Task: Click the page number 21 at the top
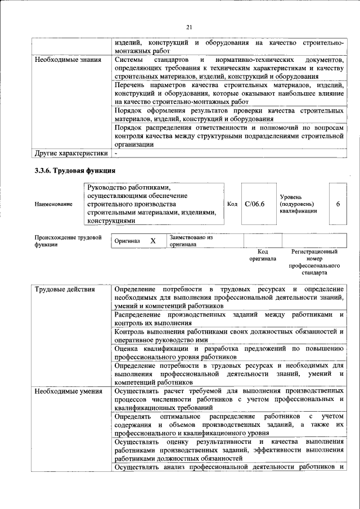[189, 26]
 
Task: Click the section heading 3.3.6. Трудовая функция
[75, 170]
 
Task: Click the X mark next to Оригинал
[152, 241]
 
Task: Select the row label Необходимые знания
[68, 60]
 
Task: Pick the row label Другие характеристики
[71, 152]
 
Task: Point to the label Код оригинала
[262, 255]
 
